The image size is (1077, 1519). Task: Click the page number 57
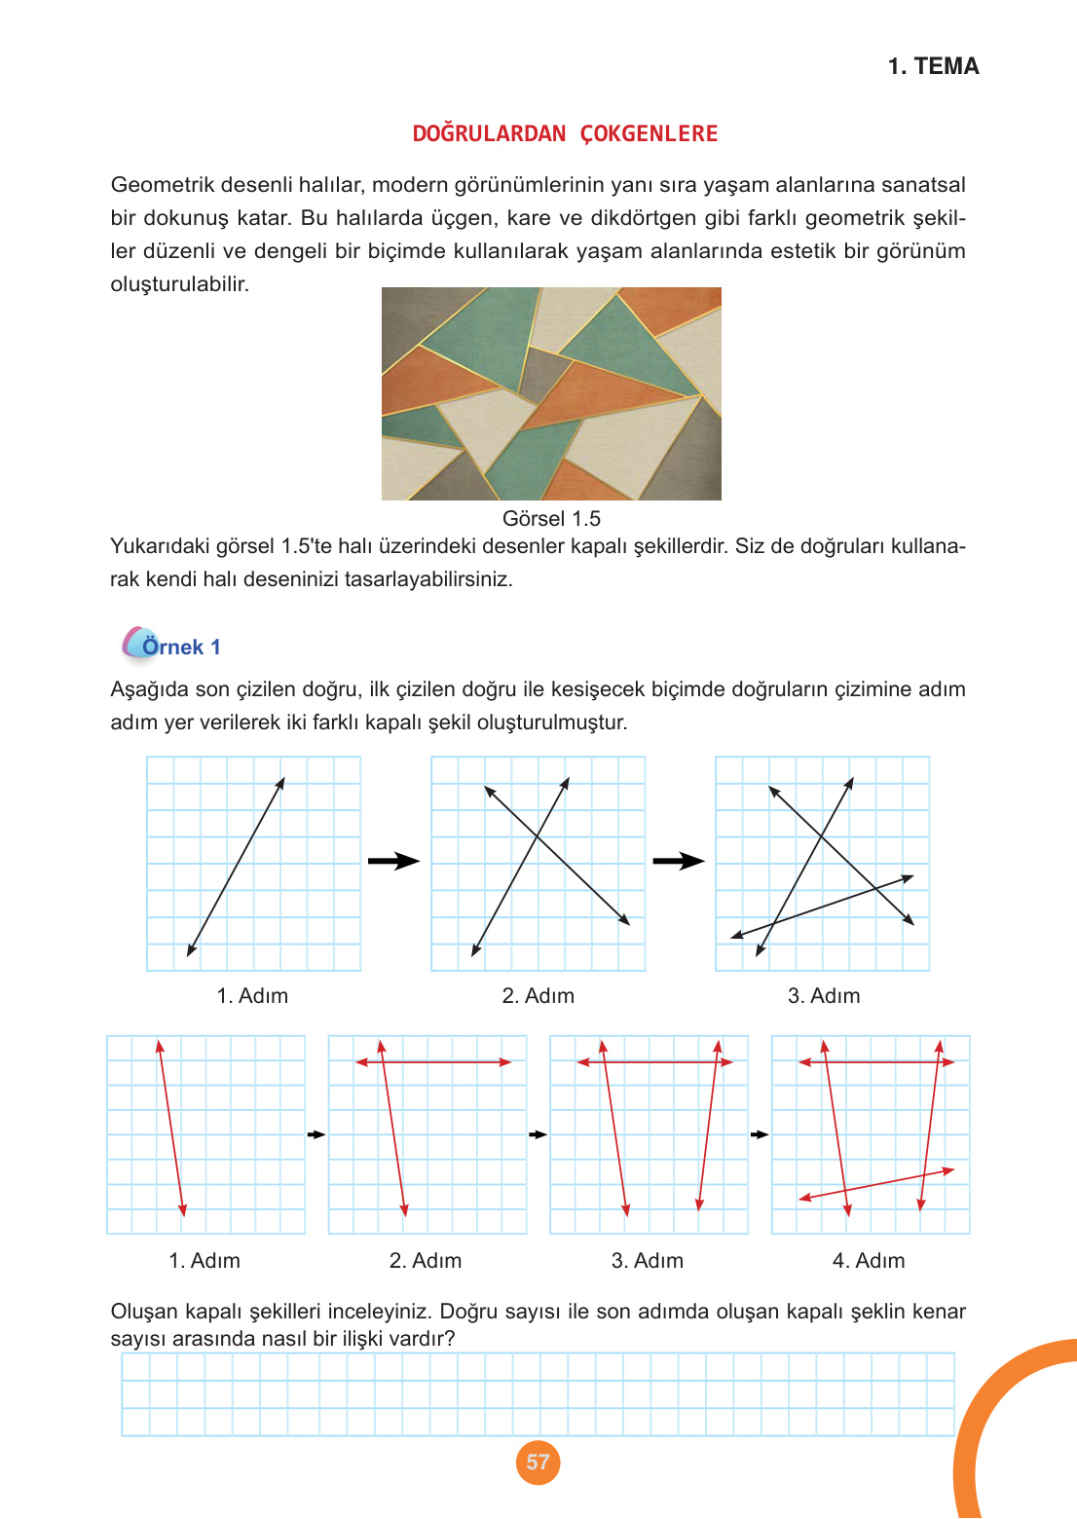point(538,1462)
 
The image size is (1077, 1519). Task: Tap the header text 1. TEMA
point(933,66)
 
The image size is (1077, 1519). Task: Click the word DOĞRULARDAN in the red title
point(489,133)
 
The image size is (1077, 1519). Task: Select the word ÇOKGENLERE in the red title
point(649,133)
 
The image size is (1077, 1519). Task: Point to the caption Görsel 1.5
point(551,518)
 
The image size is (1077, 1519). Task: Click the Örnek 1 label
point(180,647)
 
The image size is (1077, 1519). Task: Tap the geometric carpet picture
point(551,393)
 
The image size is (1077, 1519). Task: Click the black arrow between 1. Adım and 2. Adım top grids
point(393,861)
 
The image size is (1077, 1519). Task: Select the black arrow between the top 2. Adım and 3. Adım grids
point(679,861)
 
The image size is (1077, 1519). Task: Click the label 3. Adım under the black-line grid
point(824,995)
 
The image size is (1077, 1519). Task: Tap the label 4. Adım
point(869,1260)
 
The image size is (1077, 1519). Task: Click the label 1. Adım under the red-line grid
point(204,1260)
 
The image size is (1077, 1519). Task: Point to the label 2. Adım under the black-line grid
point(538,995)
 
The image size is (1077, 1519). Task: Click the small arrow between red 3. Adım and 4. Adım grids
point(760,1134)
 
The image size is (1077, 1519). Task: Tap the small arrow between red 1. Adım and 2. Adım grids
point(316,1134)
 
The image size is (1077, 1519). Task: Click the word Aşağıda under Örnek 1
point(150,689)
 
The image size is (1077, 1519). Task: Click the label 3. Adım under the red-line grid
point(648,1260)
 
